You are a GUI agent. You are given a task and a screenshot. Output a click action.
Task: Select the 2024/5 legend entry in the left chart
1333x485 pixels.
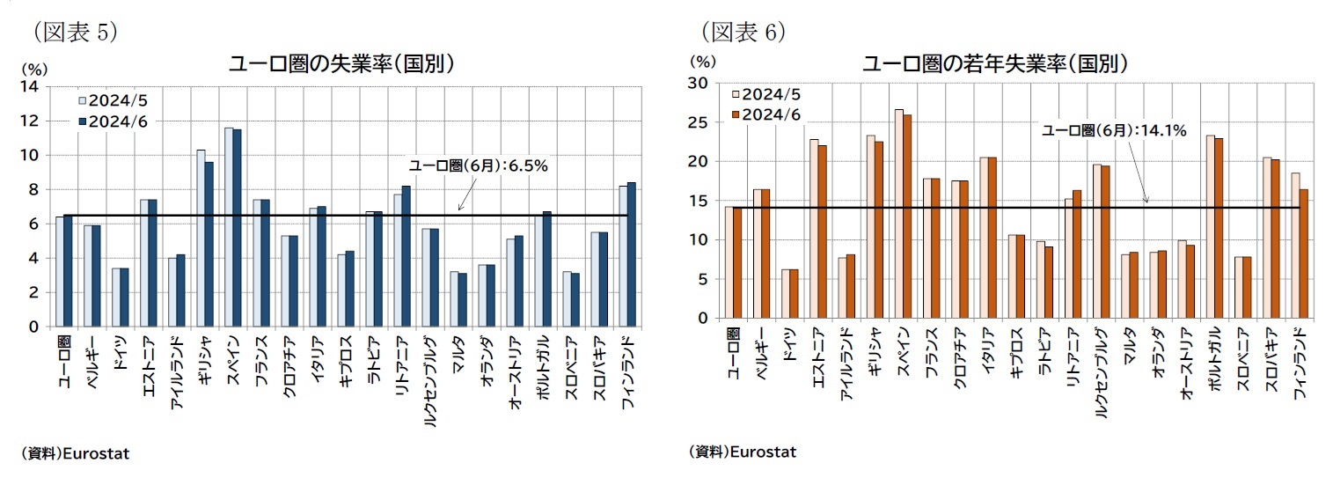click(x=114, y=100)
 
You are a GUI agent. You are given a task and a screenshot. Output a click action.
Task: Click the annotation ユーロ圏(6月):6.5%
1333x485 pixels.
click(x=479, y=165)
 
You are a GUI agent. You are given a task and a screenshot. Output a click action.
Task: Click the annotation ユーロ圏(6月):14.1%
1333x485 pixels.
click(x=1114, y=130)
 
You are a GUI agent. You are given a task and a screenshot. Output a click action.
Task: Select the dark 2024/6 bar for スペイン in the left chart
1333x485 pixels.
click(x=236, y=228)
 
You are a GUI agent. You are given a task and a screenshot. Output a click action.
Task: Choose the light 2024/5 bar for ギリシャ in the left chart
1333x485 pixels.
click(x=200, y=238)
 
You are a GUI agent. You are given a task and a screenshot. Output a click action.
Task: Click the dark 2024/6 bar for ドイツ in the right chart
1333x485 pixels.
click(x=794, y=294)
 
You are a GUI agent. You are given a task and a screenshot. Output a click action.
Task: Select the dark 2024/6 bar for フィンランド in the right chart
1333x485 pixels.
click(x=1303, y=254)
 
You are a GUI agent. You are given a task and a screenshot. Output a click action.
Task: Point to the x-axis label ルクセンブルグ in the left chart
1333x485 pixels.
click(x=428, y=381)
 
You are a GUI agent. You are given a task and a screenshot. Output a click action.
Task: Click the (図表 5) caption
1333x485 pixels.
click(x=75, y=32)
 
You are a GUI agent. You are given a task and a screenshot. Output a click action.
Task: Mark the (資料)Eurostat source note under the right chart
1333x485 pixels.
click(x=742, y=452)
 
